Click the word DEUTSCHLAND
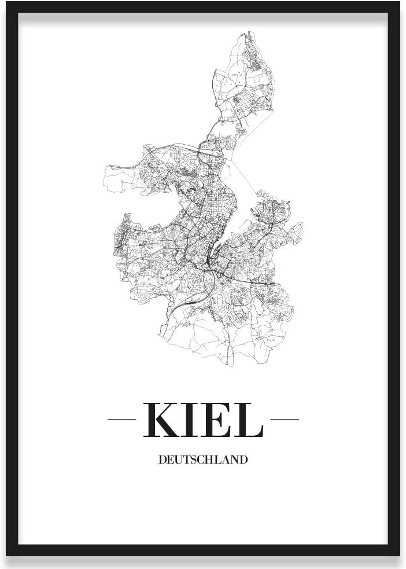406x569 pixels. click(203, 460)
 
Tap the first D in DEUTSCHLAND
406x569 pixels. click(162, 460)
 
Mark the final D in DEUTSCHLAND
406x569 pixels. click(243, 460)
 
